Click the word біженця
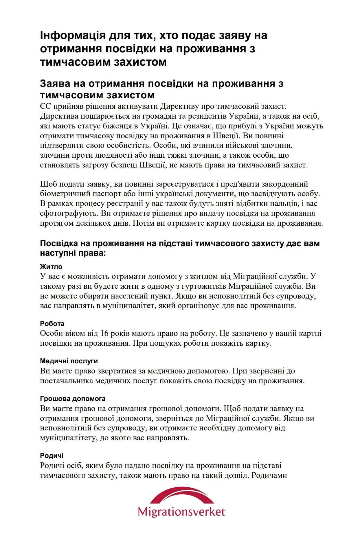pos(120,126)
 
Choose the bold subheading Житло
pos(51,267)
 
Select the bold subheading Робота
pos(52,324)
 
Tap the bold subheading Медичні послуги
pos(69,361)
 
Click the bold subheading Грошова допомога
pos(73,399)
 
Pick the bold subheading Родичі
pos(52,456)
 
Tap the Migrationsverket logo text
pos(181,511)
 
